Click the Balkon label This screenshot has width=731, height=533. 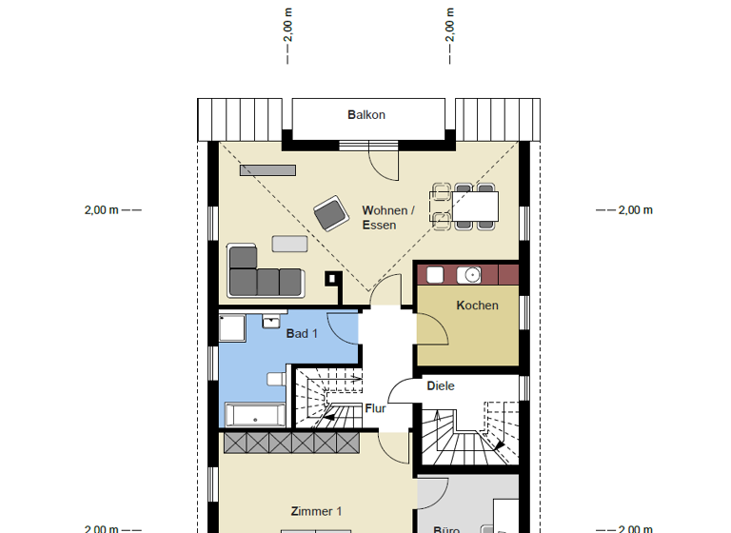365,115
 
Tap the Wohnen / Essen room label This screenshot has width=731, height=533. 386,218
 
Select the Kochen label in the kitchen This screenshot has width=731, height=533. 477,306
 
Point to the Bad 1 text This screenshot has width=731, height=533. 302,333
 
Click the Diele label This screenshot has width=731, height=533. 440,386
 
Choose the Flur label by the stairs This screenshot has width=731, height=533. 376,408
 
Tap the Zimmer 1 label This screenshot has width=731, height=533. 316,511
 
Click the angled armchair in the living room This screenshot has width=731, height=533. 330,214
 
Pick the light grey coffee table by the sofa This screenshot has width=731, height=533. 289,244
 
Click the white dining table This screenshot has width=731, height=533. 475,206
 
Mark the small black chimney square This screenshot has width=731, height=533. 332,279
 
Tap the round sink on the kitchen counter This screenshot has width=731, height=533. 468,275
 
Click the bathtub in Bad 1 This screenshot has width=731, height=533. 254,415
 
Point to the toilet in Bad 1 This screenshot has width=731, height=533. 276,379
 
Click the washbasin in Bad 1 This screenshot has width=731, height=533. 270,320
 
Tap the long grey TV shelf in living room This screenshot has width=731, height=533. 267,170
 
